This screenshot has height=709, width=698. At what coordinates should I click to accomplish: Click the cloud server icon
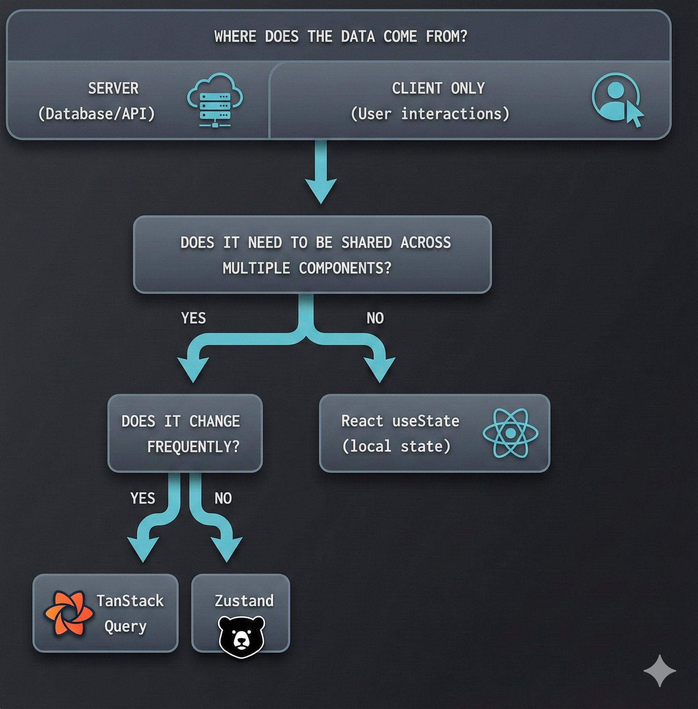pos(215,100)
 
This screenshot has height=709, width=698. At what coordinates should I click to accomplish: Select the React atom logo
pos(510,433)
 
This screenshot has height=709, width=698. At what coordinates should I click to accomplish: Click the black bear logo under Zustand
pos(242,636)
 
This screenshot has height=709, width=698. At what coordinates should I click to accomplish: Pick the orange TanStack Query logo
pos(69,613)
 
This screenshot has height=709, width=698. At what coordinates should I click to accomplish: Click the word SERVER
pos(113,88)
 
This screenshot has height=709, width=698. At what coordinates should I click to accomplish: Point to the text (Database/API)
pos(96,114)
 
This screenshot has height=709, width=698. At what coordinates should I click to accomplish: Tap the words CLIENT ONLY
pos(438,88)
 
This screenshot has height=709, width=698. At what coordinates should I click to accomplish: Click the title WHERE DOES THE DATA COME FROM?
pos(340,36)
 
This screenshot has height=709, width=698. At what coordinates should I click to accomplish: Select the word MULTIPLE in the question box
pos(256,268)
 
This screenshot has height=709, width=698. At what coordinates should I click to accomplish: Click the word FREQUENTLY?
pos(193,447)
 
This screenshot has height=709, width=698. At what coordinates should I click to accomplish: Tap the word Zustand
pos(244,601)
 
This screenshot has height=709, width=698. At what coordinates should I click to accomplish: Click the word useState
pos(426,421)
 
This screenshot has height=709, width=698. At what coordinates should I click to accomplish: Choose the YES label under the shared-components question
pos(194,318)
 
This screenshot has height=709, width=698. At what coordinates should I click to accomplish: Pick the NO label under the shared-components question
pos(375,318)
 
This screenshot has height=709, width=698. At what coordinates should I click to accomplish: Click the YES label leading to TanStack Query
pos(142,498)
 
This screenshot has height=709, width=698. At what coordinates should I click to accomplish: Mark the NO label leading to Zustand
pos(223,498)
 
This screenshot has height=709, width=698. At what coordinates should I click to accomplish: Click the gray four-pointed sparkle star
pos(659,670)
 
